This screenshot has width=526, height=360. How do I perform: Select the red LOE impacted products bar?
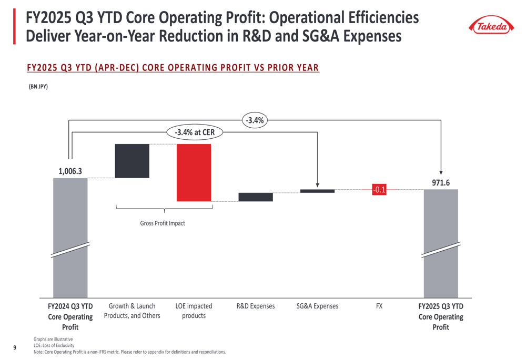click(194, 172)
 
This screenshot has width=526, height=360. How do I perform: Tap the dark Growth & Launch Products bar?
click(132, 161)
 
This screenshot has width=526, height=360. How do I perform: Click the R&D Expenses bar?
click(255, 197)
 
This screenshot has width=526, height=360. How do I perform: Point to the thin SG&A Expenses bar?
click(317, 191)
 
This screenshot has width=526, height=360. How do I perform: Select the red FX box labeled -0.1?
click(379, 190)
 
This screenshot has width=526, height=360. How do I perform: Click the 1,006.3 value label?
click(70, 171)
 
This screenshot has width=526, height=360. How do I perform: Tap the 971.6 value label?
click(441, 182)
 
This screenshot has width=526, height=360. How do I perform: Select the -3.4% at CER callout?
click(195, 132)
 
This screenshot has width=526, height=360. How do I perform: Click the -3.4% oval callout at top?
click(255, 120)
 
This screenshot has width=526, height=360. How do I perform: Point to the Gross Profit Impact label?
click(163, 223)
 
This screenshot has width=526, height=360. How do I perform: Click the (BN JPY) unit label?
click(38, 87)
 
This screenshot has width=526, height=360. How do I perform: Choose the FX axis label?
click(379, 306)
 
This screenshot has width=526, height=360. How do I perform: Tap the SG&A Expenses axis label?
click(317, 306)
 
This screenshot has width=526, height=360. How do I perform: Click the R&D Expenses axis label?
click(255, 306)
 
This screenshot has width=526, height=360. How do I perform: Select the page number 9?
click(15, 347)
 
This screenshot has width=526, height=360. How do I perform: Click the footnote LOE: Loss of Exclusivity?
click(54, 345)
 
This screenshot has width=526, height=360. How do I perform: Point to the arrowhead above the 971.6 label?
click(441, 172)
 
